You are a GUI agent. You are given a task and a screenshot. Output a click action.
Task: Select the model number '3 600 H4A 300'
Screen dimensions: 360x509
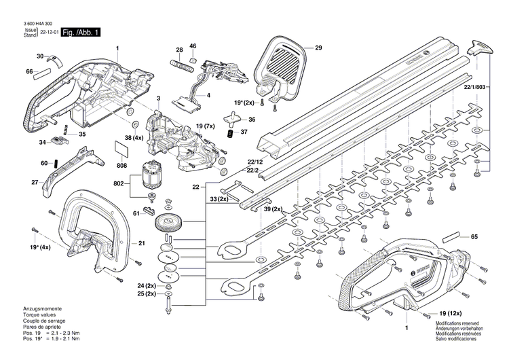click(x=33, y=24)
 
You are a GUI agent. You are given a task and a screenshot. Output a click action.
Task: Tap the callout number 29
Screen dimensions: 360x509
click(x=318, y=48)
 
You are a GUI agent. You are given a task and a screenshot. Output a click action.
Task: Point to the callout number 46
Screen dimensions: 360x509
click(x=193, y=46)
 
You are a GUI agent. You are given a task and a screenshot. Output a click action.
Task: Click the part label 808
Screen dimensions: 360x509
click(x=121, y=165)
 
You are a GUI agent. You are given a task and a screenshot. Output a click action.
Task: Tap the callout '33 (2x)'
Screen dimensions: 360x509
click(x=219, y=199)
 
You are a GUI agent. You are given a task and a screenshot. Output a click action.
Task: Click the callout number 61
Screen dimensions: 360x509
click(x=136, y=213)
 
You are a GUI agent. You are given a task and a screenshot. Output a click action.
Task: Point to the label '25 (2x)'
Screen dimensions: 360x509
click(x=146, y=294)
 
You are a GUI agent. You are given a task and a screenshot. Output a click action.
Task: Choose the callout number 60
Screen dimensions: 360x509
click(x=44, y=164)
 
